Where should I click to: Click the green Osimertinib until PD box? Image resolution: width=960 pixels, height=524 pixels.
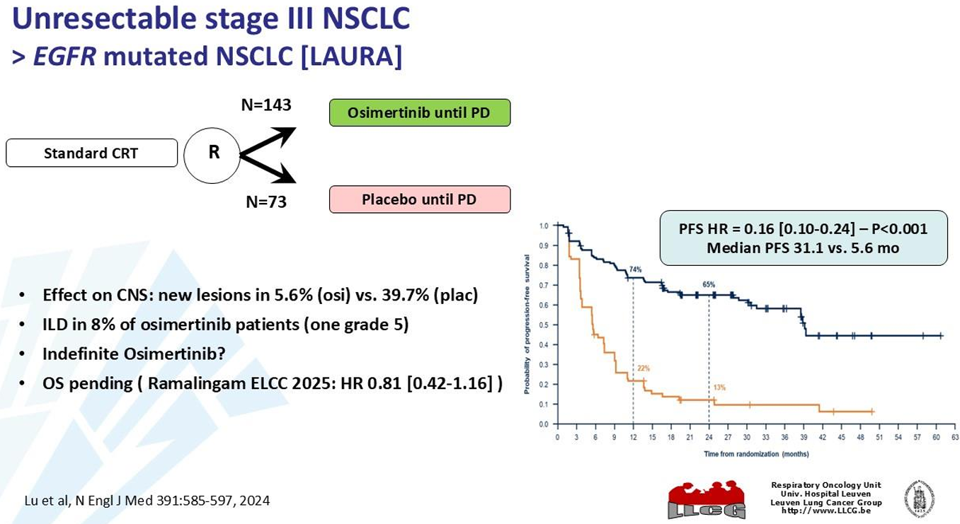[419, 112]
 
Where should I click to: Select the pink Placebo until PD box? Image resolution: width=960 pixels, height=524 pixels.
[419, 199]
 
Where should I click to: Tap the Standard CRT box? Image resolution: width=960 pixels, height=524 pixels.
[91, 153]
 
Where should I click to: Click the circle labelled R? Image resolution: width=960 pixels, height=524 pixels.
[212, 152]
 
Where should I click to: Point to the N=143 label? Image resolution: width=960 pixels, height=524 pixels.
[266, 105]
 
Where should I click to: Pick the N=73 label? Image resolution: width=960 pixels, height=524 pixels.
[266, 202]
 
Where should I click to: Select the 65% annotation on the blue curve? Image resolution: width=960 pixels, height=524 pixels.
[709, 284]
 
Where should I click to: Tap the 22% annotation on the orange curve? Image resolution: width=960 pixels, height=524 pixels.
[643, 368]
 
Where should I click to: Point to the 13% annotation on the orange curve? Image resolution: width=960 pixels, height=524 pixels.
[719, 387]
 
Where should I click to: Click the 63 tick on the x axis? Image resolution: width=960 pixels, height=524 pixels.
[954, 438]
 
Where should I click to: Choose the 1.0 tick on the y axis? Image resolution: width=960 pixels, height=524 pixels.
[544, 226]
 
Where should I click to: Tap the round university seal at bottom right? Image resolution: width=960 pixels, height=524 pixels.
[919, 499]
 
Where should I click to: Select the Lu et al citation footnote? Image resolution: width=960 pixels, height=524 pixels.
[147, 501]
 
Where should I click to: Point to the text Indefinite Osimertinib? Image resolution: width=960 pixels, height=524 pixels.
[134, 354]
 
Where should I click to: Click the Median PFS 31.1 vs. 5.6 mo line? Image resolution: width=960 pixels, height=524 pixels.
[803, 248]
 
